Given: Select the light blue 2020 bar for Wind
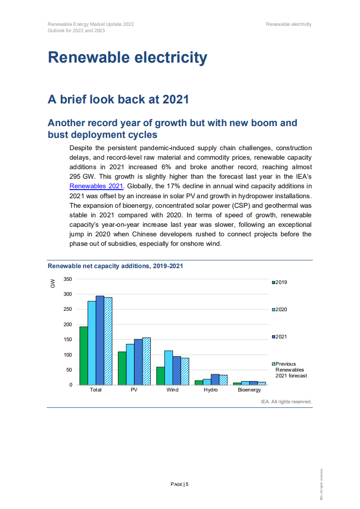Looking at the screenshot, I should tap(168, 368).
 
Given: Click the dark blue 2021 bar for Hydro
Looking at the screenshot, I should tap(215, 380).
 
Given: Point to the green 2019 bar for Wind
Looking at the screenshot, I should tap(160, 376).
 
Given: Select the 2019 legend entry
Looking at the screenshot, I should tap(280, 283).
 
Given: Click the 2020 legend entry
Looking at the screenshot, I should tap(280, 310).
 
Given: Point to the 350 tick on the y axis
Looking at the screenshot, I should tap(68, 279).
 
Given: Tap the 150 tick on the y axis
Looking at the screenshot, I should tap(68, 340).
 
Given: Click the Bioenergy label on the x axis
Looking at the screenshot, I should tap(249, 390).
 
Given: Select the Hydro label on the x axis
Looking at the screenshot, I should tap(211, 390).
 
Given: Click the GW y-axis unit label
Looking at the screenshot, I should tap(53, 284).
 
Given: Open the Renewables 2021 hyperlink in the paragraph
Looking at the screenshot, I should tap(96, 186).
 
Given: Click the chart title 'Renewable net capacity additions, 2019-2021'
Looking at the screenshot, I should tap(115, 266).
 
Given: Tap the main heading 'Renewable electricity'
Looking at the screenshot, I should tap(128, 58).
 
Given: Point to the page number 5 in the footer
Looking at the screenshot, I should tap(187, 485).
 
